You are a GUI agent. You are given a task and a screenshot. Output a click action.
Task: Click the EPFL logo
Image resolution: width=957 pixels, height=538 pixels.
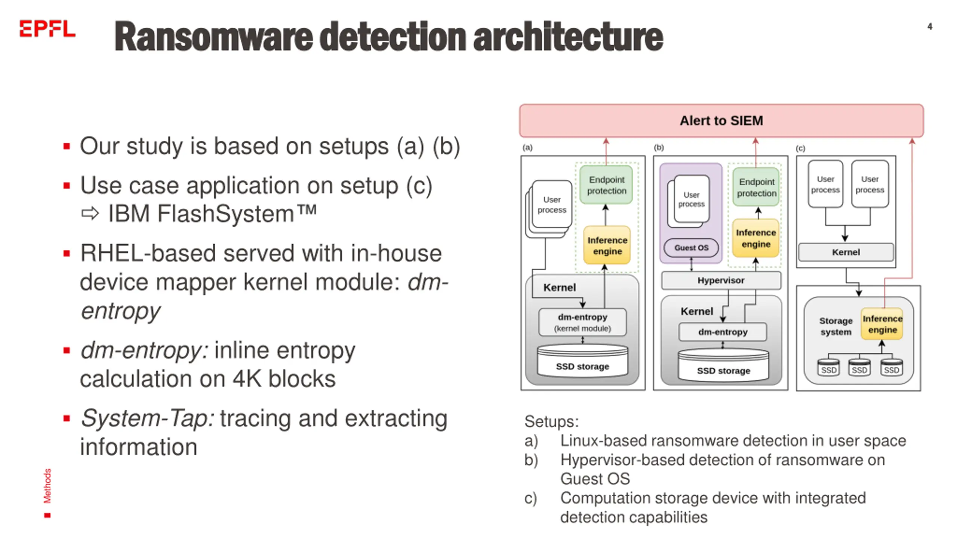tap(47, 29)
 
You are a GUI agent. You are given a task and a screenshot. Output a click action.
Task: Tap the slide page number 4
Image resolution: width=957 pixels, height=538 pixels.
tap(930, 27)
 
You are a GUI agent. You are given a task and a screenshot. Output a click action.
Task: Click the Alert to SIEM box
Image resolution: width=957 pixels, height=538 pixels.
tap(721, 121)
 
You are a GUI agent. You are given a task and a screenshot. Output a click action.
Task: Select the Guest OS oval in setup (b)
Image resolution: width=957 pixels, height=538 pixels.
tap(691, 248)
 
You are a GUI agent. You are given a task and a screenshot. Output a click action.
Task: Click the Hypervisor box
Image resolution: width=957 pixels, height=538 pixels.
tap(721, 280)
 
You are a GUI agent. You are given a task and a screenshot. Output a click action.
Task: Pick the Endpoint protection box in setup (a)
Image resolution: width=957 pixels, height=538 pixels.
tap(606, 185)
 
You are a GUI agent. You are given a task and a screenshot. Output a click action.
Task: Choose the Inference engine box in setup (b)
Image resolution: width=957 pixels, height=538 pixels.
tap(756, 238)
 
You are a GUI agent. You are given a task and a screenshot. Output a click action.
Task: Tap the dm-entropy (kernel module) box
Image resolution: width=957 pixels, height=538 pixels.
tap(582, 322)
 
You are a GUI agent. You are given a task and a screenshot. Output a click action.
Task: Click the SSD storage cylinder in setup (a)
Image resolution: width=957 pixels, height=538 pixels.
tap(582, 361)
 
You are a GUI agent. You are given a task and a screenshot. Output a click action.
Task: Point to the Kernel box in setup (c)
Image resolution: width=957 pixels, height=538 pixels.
tap(846, 252)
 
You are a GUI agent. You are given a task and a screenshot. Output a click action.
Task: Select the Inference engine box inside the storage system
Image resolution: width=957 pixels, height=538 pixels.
tap(882, 324)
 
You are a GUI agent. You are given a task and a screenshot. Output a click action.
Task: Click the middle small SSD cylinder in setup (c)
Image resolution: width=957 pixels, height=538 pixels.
tap(859, 367)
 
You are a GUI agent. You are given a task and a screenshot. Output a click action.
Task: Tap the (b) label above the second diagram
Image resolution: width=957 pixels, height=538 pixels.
tap(659, 148)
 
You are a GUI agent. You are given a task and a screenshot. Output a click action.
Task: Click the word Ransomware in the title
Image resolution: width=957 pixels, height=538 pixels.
tap(213, 37)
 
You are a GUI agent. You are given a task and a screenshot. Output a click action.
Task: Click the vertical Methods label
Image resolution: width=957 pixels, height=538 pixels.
tap(47, 486)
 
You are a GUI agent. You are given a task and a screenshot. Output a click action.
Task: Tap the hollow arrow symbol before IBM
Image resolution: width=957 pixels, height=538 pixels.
tap(90, 214)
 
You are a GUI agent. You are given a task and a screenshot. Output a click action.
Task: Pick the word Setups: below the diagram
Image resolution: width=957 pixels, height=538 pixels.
tap(551, 421)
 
